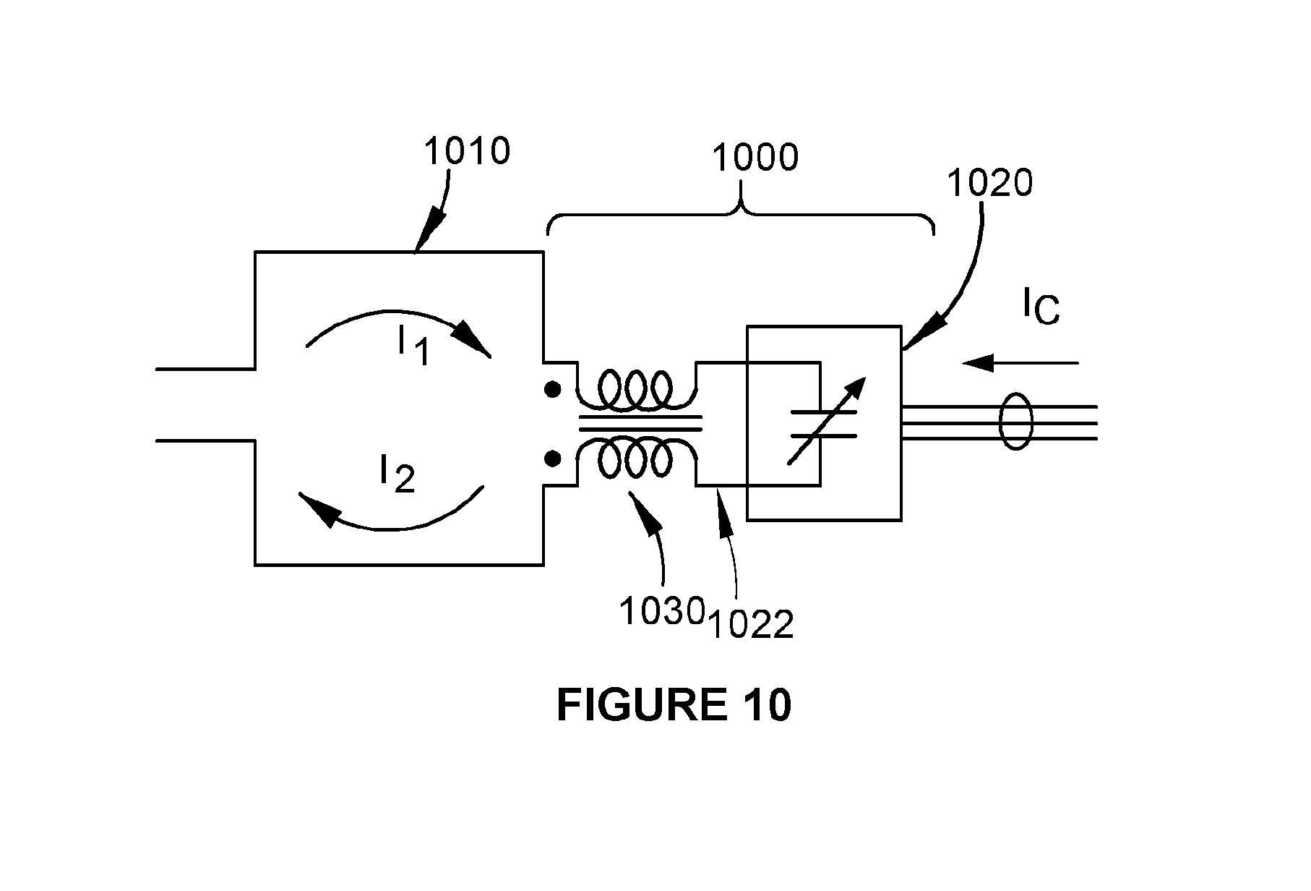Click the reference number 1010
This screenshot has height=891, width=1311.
click(x=467, y=151)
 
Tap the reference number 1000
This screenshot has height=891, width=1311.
click(x=756, y=157)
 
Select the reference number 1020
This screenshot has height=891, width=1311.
click(x=989, y=184)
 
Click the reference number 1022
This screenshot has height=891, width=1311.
click(x=752, y=624)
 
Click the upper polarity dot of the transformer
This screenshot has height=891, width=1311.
click(x=553, y=390)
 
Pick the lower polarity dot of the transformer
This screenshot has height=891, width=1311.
click(x=553, y=458)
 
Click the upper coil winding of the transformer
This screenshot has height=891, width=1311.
click(x=636, y=390)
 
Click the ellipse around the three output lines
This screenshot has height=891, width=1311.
click(x=1016, y=422)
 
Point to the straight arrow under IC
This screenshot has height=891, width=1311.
click(x=1020, y=362)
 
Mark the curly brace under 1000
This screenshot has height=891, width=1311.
click(x=741, y=214)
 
